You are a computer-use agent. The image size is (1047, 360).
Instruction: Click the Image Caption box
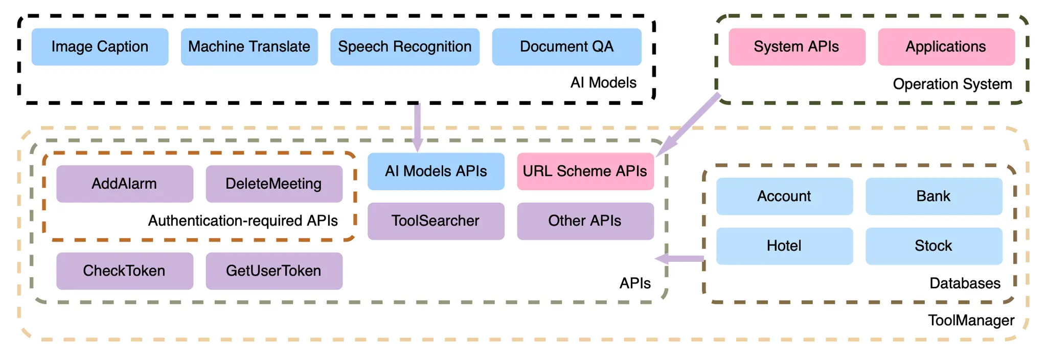tap(100, 47)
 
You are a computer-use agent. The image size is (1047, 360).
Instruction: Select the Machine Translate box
tap(249, 47)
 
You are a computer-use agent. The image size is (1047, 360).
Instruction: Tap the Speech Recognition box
tap(404, 47)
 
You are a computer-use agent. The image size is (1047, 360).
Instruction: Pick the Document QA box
tap(566, 47)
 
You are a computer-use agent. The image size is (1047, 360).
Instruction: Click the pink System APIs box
tap(796, 47)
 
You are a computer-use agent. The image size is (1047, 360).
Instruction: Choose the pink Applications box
tap(946, 47)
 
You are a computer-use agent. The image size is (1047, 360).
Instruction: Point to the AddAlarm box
tap(124, 184)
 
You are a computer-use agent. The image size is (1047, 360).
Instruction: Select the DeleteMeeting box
tap(274, 184)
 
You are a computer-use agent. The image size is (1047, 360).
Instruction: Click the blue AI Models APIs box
tap(436, 171)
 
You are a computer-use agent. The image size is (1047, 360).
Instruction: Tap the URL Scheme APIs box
tap(585, 171)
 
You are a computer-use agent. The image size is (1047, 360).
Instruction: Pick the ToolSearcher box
tap(436, 221)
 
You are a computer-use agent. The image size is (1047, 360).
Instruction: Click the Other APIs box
tap(585, 221)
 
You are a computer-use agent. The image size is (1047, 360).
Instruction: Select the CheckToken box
tap(124, 271)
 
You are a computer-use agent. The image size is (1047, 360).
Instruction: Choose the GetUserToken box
tap(274, 271)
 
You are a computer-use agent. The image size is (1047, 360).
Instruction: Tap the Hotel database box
tap(784, 246)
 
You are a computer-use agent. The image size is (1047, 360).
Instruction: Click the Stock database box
tap(934, 246)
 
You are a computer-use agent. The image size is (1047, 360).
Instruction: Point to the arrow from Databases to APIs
tap(680, 259)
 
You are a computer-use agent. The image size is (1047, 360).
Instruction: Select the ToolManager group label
tap(971, 321)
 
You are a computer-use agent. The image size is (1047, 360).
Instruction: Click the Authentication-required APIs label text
tap(243, 221)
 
